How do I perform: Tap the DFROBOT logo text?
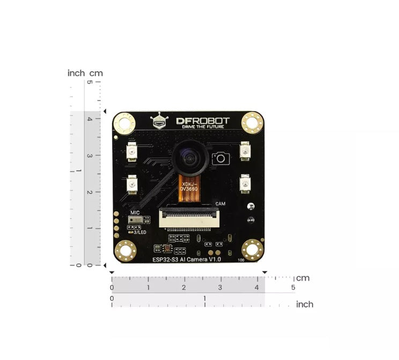[203, 121]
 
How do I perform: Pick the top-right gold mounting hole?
[252, 123]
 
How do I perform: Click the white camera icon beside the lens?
[219, 158]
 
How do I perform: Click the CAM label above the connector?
[220, 204]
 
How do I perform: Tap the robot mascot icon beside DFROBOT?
[159, 121]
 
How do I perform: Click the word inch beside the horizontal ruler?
[305, 304]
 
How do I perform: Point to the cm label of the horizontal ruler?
[304, 278]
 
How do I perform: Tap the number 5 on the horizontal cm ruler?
[293, 288]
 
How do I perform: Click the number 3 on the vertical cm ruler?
[90, 156]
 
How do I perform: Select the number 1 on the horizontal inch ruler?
[204, 298]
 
